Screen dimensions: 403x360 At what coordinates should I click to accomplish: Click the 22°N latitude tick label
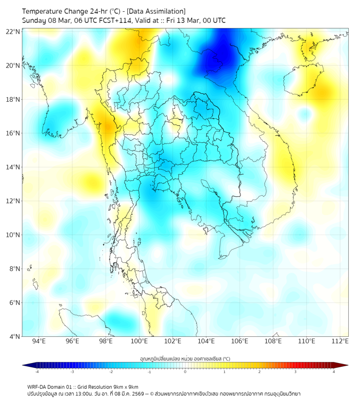coord(13,31)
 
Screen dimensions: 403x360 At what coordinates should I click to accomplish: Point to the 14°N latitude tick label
coord(13,167)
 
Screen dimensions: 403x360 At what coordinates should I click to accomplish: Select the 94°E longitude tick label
coord(39,341)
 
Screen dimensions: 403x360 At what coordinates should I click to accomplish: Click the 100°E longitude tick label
coord(139,341)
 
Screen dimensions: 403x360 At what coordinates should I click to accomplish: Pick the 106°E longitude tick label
coord(240,341)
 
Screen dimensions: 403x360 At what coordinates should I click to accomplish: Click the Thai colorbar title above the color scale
coord(185,358)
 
